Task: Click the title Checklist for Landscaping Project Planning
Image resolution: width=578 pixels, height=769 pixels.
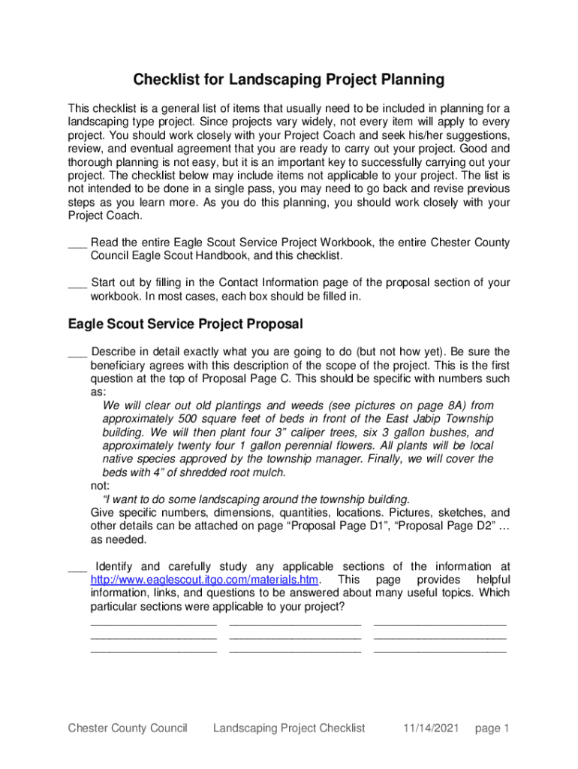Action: pos(289,80)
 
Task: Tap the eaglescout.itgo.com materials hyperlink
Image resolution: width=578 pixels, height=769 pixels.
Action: pos(204,580)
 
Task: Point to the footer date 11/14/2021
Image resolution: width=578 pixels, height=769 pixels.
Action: pos(430,728)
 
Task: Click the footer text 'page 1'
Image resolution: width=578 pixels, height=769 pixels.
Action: pos(492,728)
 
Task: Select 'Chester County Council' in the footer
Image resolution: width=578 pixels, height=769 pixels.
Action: pos(127,728)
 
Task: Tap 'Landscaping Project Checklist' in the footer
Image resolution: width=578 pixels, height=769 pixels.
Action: pos(289,728)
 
